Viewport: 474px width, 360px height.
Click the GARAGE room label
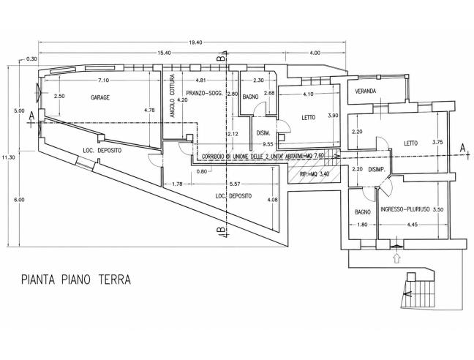click(100, 97)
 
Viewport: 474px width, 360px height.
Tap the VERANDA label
click(366, 91)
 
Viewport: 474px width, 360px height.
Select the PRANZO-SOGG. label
click(204, 94)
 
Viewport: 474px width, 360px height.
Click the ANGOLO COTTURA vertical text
click(173, 96)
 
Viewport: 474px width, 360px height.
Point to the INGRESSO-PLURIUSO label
click(405, 209)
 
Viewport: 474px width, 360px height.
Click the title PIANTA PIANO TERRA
click(76, 280)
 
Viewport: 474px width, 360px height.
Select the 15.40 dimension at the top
click(165, 53)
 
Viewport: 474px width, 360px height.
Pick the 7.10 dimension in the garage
click(104, 80)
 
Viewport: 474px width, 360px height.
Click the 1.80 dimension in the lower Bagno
click(363, 225)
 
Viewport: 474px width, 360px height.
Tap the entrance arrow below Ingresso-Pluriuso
click(397, 258)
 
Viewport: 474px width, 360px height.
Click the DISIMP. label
click(377, 170)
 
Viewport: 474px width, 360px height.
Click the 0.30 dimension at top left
click(31, 59)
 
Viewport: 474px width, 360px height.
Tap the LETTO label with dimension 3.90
click(309, 117)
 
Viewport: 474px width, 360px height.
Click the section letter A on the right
click(462, 148)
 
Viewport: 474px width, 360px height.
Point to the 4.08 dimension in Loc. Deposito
click(273, 200)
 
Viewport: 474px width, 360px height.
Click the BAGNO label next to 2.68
click(251, 97)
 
